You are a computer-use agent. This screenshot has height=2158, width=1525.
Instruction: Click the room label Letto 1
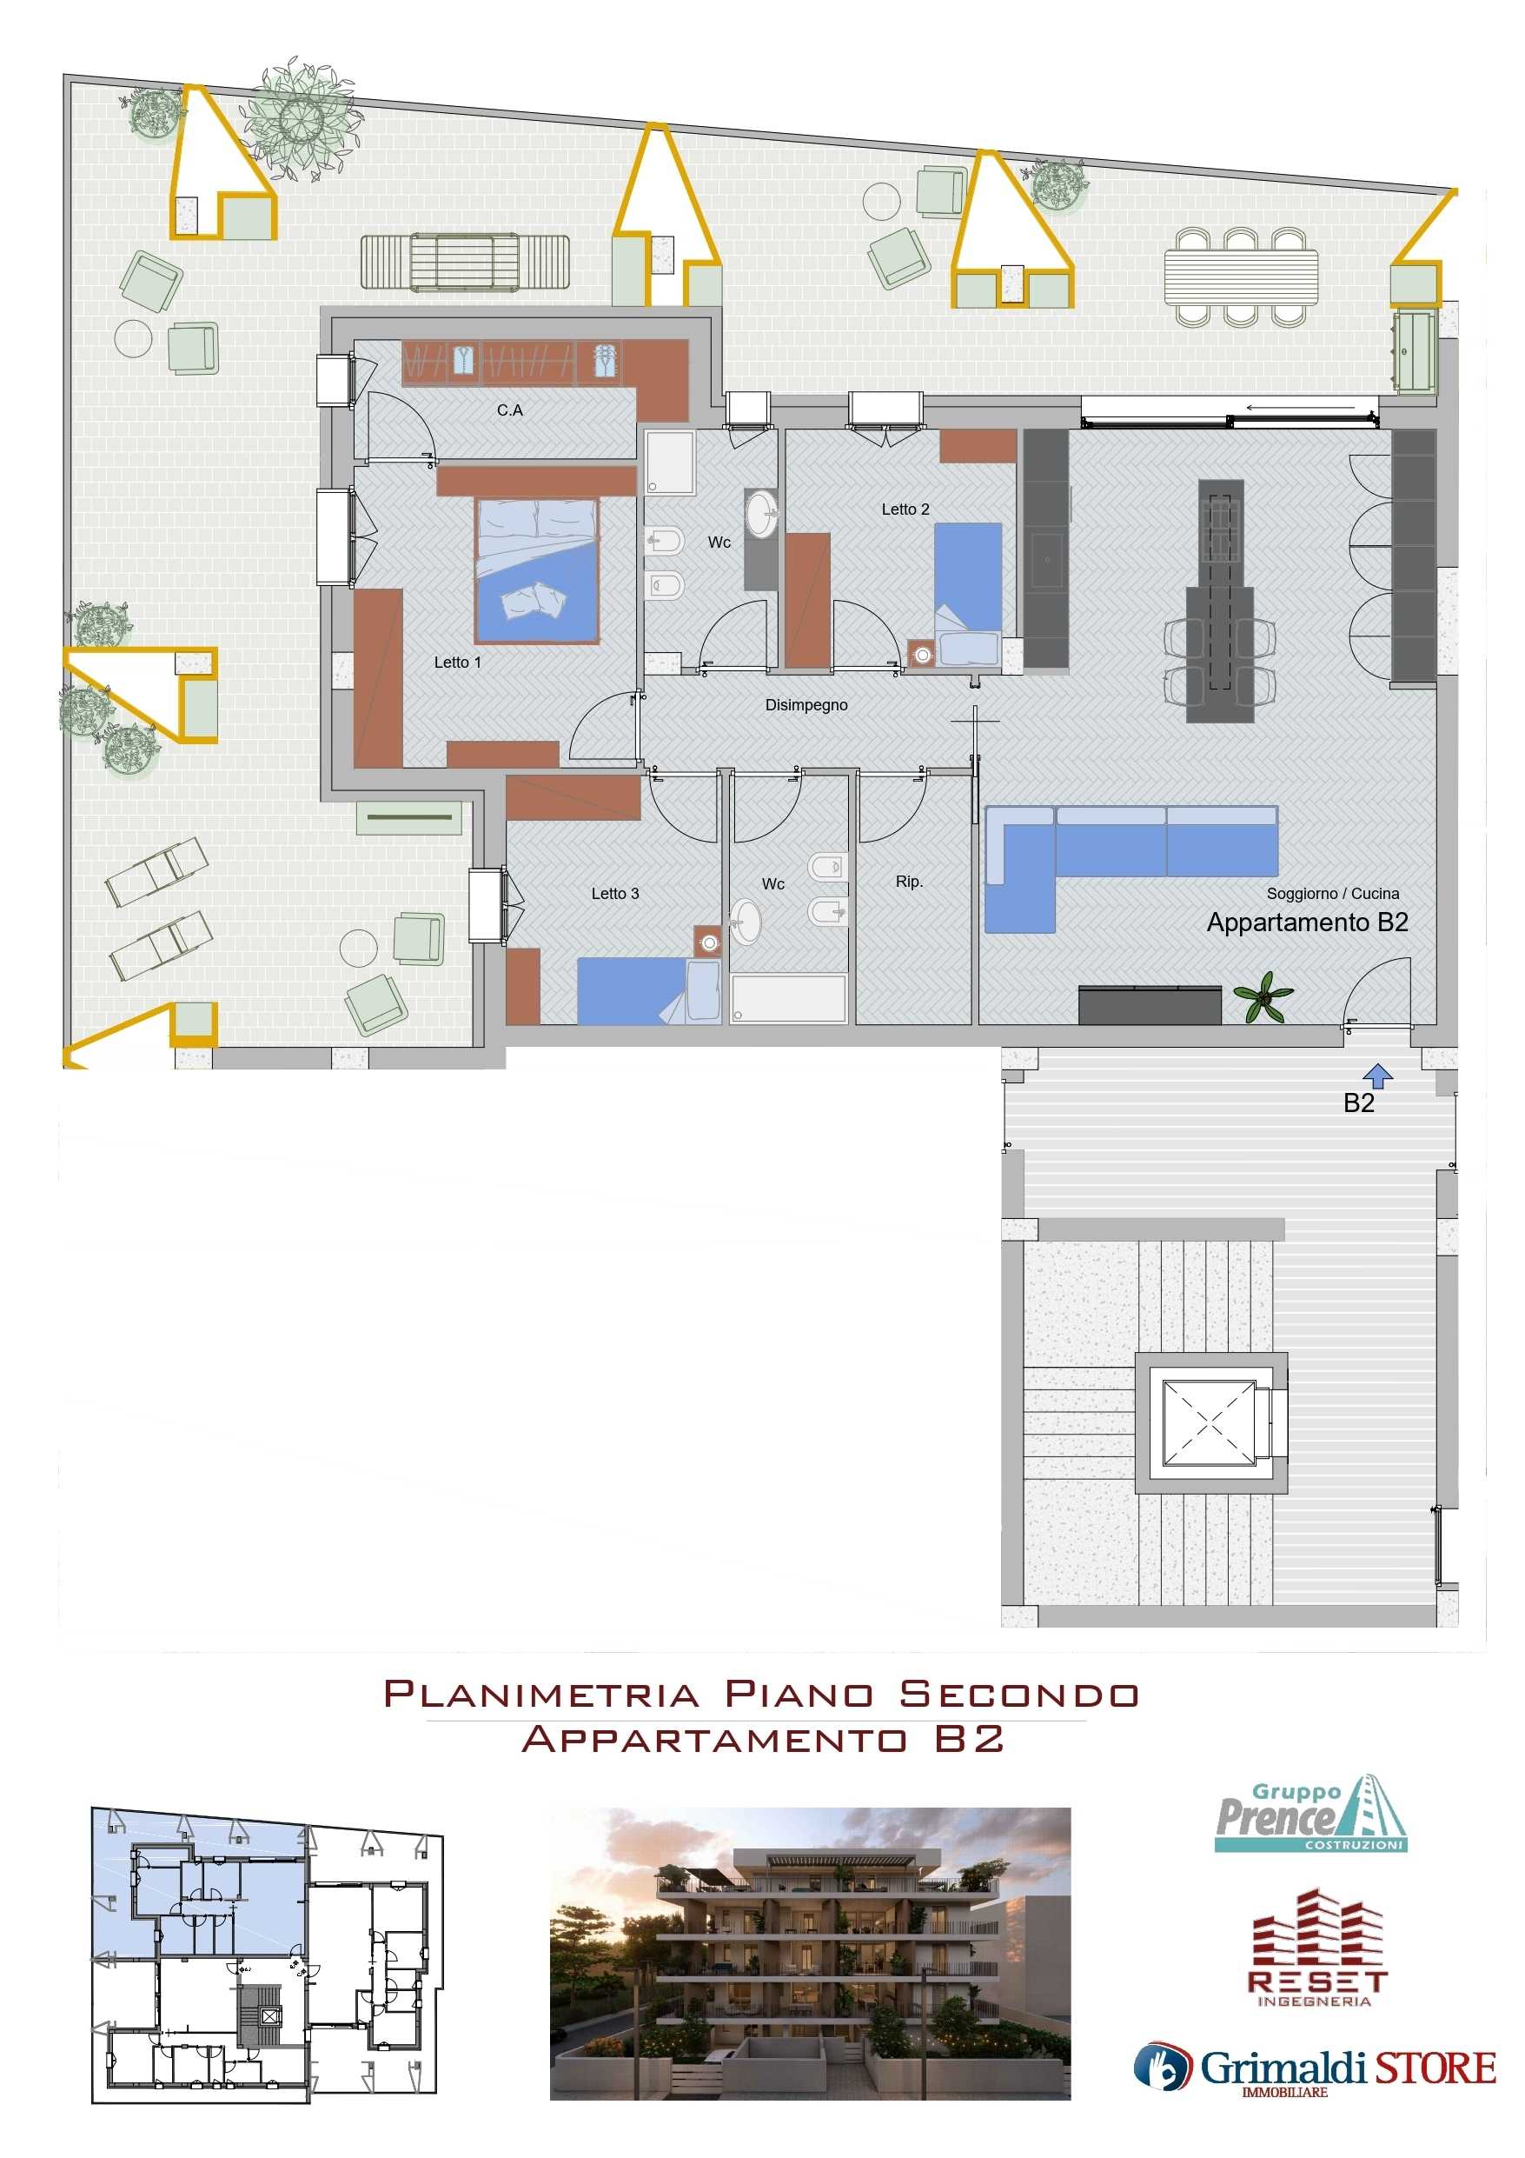pyautogui.click(x=457, y=663)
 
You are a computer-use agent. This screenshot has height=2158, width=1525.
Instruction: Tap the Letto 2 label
pyautogui.click(x=905, y=510)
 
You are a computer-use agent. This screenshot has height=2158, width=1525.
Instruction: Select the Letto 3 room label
pyautogui.click(x=614, y=894)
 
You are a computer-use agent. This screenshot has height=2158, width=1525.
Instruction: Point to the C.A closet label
pyautogui.click(x=509, y=410)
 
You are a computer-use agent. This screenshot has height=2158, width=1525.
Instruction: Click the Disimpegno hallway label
pyautogui.click(x=806, y=705)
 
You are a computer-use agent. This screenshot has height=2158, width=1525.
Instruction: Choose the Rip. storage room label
pyautogui.click(x=909, y=882)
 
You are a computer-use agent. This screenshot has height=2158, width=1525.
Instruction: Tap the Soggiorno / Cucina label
pyautogui.click(x=1332, y=894)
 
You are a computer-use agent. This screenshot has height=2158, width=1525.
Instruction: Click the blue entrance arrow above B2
pyautogui.click(x=1377, y=1076)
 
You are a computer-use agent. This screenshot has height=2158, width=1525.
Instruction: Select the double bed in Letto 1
pyautogui.click(x=538, y=570)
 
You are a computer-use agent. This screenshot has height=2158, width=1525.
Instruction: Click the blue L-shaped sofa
pyautogui.click(x=1130, y=868)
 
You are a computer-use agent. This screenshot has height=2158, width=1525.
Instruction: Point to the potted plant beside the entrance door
pyautogui.click(x=1263, y=997)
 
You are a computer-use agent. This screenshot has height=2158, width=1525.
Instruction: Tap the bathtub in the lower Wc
pyautogui.click(x=787, y=998)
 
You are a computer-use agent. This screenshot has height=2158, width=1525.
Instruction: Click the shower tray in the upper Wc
pyautogui.click(x=670, y=463)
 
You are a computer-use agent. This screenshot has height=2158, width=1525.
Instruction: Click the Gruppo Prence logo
pyautogui.click(x=1310, y=1817)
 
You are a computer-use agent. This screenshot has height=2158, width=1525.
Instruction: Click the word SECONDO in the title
pyautogui.click(x=1018, y=1695)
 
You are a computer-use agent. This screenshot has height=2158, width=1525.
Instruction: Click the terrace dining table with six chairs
pyautogui.click(x=1240, y=277)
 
